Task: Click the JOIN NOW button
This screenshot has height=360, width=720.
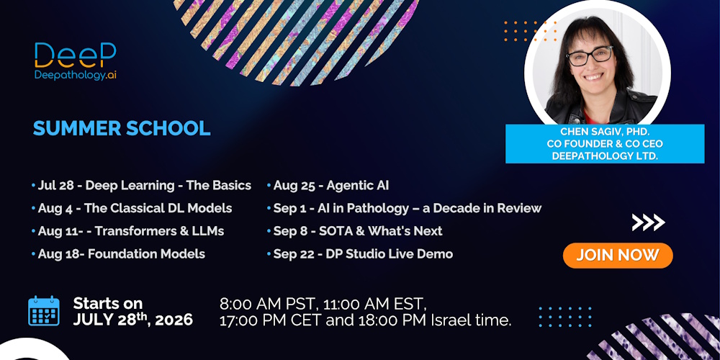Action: (x=618, y=256)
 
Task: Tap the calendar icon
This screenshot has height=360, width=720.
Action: (x=44, y=311)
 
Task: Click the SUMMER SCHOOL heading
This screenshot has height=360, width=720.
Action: (x=122, y=129)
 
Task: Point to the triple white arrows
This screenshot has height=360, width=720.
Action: (x=649, y=222)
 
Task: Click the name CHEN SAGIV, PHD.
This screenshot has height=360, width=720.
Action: (x=605, y=132)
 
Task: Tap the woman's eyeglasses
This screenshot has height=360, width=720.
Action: (x=590, y=56)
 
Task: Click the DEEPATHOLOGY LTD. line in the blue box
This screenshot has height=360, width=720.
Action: (x=605, y=156)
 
